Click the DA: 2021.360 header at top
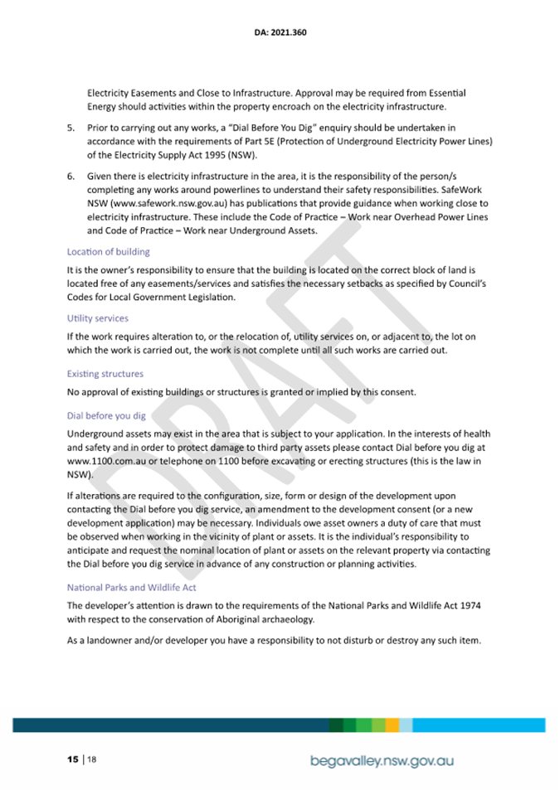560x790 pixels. (x=280, y=34)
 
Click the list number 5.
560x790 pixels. (x=70, y=128)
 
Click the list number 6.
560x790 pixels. (x=70, y=177)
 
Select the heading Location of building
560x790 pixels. (x=108, y=251)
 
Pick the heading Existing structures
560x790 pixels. (x=105, y=374)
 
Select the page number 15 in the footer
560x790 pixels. (x=73, y=758)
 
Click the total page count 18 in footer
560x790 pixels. (x=91, y=758)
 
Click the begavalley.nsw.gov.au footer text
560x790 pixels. (x=382, y=759)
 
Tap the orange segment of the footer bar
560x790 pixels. (x=392, y=725)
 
